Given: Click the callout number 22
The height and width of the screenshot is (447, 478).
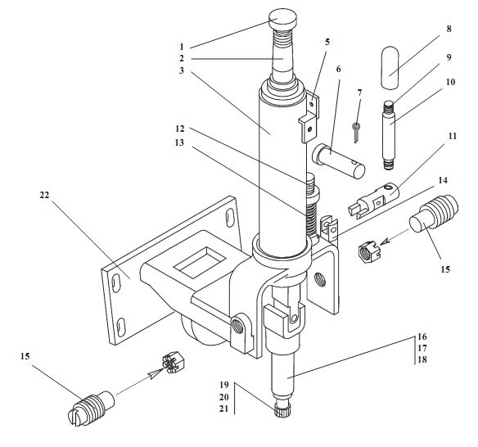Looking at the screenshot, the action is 44,195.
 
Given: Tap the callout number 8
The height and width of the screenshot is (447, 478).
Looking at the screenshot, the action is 449,29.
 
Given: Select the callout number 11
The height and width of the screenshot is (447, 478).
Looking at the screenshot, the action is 453,136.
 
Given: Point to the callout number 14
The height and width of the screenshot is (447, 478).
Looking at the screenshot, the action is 443,180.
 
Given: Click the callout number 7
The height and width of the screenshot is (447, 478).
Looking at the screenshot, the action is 359,93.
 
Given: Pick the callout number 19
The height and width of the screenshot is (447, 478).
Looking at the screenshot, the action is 224,385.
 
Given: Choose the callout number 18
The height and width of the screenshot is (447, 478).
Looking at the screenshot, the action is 422,359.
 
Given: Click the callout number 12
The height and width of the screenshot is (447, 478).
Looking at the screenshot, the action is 180,129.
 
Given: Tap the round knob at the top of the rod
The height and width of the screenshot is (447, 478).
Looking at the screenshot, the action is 282,18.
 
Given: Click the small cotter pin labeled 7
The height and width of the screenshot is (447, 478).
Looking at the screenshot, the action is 356,131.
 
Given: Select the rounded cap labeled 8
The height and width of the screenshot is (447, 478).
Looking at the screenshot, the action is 390,68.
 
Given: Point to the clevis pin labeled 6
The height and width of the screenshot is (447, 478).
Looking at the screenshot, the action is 338,160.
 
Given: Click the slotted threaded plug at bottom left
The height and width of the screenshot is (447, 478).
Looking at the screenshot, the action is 91,408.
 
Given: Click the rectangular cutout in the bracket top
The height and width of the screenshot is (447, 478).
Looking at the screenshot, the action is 201,263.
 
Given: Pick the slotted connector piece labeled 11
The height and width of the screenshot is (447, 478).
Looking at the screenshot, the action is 373,201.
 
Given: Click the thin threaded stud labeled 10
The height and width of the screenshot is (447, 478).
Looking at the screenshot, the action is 389,136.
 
